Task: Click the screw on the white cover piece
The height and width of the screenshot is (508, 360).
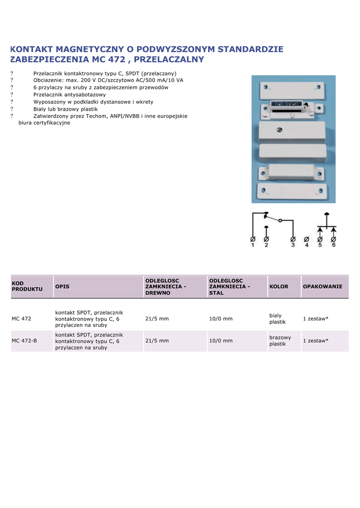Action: click(x=279, y=130)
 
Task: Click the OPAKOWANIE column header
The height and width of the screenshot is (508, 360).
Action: click(x=323, y=287)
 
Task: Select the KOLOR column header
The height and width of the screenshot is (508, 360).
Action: click(x=279, y=287)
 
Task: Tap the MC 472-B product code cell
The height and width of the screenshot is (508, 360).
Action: click(x=24, y=341)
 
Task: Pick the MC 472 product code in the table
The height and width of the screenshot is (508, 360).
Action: click(x=21, y=318)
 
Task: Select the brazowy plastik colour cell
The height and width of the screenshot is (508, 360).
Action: click(x=280, y=341)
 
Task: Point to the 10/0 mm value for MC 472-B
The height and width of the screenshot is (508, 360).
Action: click(x=221, y=341)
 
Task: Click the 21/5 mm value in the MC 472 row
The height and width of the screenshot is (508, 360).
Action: click(x=157, y=318)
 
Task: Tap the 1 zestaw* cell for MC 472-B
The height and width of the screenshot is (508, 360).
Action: click(x=316, y=341)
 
